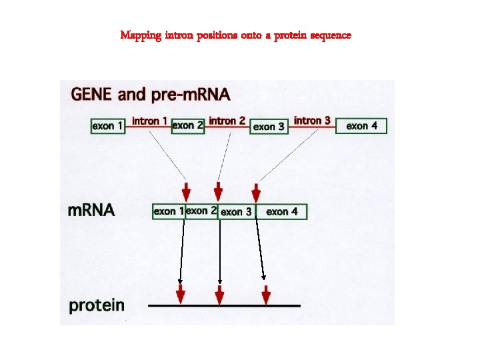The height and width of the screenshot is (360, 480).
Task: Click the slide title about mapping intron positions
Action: pyautogui.click(x=235, y=35)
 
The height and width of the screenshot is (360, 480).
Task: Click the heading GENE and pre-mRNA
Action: pyautogui.click(x=151, y=94)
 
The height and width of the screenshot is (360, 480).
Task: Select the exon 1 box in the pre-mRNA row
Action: pyautogui.click(x=108, y=125)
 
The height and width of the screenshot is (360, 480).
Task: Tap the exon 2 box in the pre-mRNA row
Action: pyautogui.click(x=187, y=125)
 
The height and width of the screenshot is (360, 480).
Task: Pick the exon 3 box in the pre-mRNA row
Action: pyautogui.click(x=269, y=126)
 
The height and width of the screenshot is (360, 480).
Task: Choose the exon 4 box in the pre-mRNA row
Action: pyautogui.click(x=361, y=125)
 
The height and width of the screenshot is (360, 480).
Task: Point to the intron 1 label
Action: pyautogui.click(x=145, y=121)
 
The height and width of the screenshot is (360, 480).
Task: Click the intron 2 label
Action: pyautogui.click(x=227, y=121)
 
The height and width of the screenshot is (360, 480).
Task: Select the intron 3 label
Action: pyautogui.click(x=312, y=121)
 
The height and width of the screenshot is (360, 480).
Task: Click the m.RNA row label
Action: pyautogui.click(x=92, y=211)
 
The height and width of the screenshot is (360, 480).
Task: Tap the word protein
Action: pyautogui.click(x=97, y=306)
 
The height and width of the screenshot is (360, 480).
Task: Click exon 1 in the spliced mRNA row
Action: pyautogui.click(x=169, y=211)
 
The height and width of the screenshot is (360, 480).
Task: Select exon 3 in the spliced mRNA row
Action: pyautogui.click(x=237, y=212)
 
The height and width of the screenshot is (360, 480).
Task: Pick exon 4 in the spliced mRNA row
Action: pyautogui.click(x=286, y=212)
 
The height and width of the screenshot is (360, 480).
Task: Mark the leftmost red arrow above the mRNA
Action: pyautogui.click(x=186, y=191)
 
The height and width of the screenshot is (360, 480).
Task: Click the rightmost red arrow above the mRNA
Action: pyautogui.click(x=257, y=191)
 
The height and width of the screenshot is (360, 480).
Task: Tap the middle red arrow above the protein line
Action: pyautogui.click(x=219, y=294)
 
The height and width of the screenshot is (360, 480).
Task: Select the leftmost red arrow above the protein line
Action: pyautogui.click(x=180, y=294)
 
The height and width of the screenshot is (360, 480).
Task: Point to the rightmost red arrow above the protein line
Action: pyautogui.click(x=266, y=294)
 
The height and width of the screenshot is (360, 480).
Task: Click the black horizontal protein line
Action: pyautogui.click(x=224, y=305)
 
